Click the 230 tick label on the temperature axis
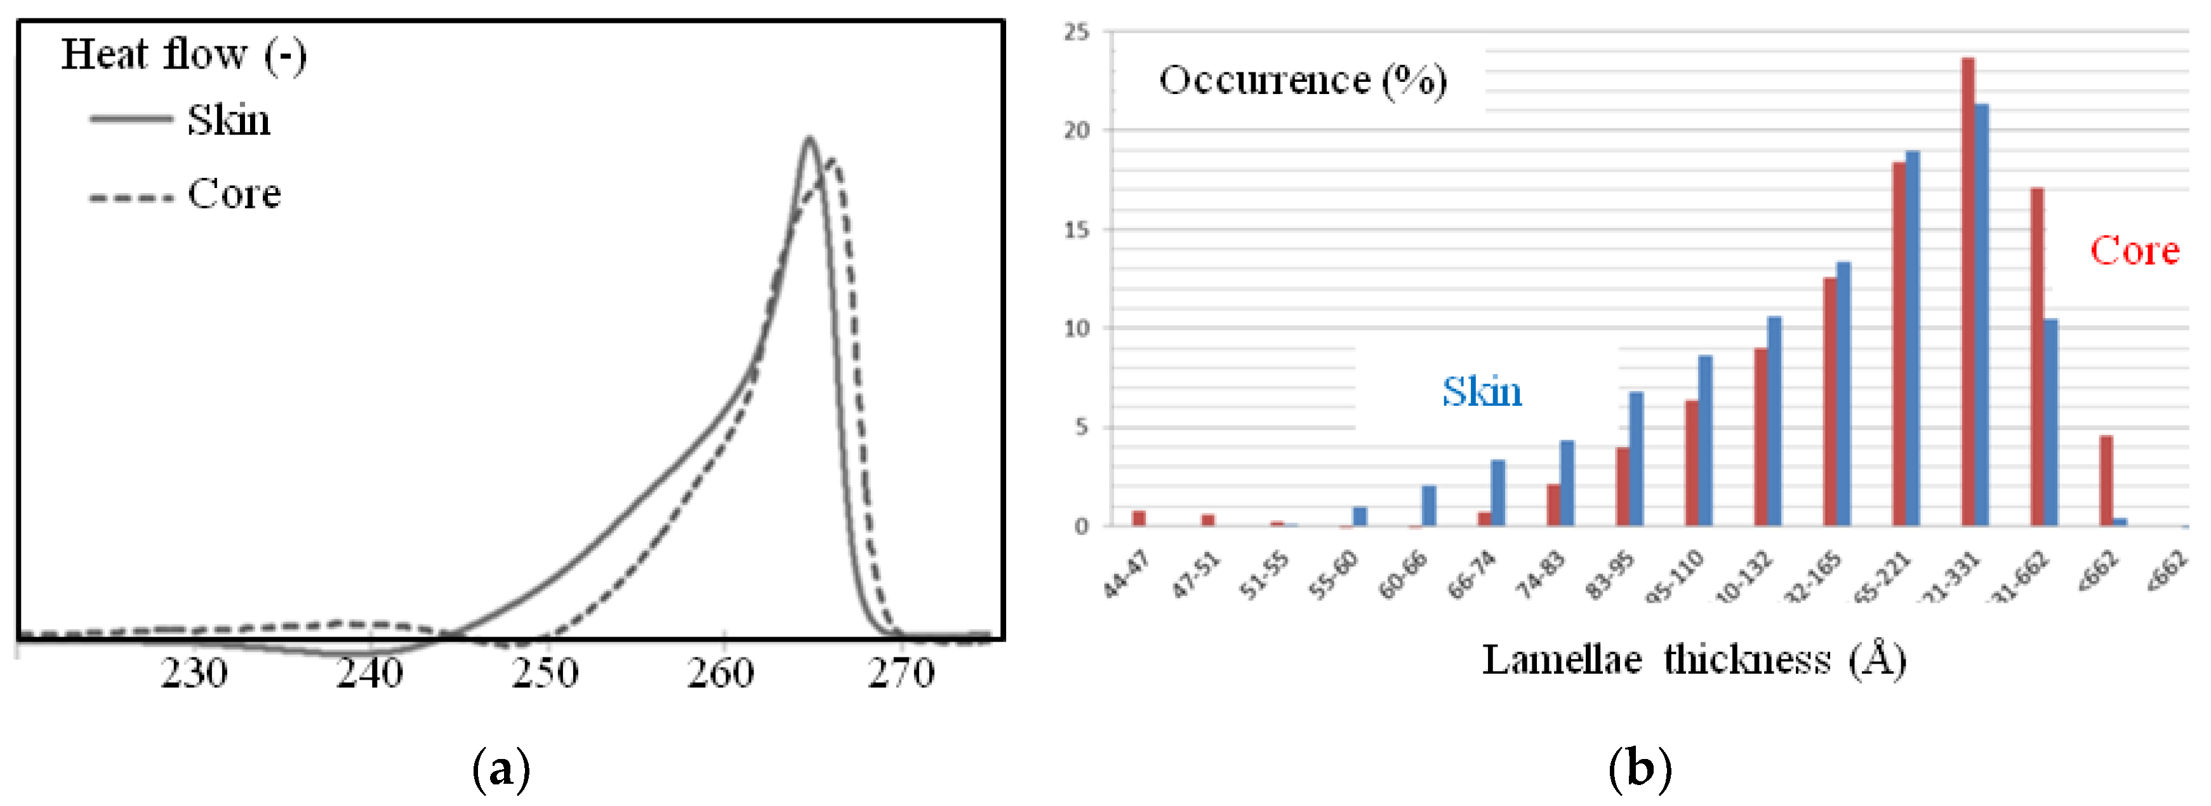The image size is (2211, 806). coord(195,674)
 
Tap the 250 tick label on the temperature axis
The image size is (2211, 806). coord(545,674)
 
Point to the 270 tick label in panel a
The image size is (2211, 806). coord(900,674)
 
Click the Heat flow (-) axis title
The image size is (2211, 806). coord(183,55)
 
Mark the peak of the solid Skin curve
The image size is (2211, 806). coord(809,139)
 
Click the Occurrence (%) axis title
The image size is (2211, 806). coord(1302,81)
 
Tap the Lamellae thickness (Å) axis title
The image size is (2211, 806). coord(1694,660)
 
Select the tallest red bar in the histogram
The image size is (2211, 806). coord(1967,292)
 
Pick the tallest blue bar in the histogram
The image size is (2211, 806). coord(1981,315)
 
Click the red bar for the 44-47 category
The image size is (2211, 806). coord(1139,518)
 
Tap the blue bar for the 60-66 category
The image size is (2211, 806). coord(1429,506)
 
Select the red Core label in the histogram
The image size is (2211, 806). coord(2134,251)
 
